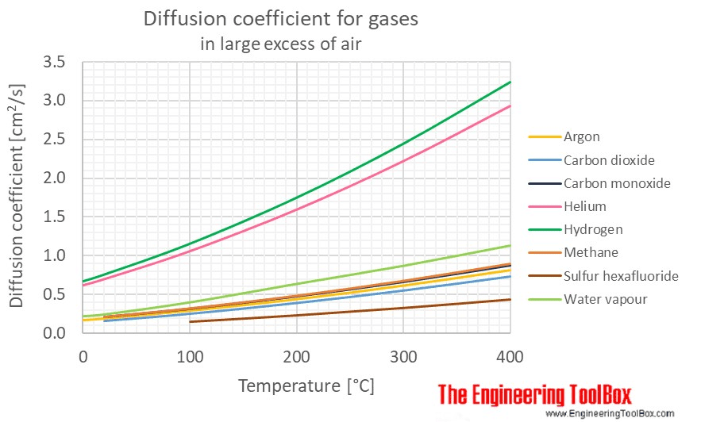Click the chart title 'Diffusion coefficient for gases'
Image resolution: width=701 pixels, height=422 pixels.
point(280,20)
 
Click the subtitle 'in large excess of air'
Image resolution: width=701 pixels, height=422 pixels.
point(280,44)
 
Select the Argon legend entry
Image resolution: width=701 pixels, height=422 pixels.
point(582,137)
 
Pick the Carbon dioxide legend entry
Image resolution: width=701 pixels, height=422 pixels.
point(609,160)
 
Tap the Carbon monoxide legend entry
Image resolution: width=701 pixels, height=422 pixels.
point(617,183)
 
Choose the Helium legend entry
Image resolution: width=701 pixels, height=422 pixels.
point(584,206)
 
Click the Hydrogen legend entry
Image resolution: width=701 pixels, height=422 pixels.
point(593,229)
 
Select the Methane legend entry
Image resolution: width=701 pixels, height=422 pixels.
point(590,252)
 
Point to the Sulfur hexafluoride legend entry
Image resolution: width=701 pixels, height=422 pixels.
point(621,276)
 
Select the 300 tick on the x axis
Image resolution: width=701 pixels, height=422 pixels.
point(403,357)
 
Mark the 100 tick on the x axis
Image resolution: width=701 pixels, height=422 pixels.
point(190,357)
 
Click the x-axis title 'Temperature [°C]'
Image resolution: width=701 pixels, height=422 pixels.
point(306,386)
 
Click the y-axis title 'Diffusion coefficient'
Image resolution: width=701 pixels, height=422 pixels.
point(17,198)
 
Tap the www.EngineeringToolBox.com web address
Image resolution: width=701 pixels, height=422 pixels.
point(610,413)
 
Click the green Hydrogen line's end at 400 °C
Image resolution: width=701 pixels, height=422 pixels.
point(510,82)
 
